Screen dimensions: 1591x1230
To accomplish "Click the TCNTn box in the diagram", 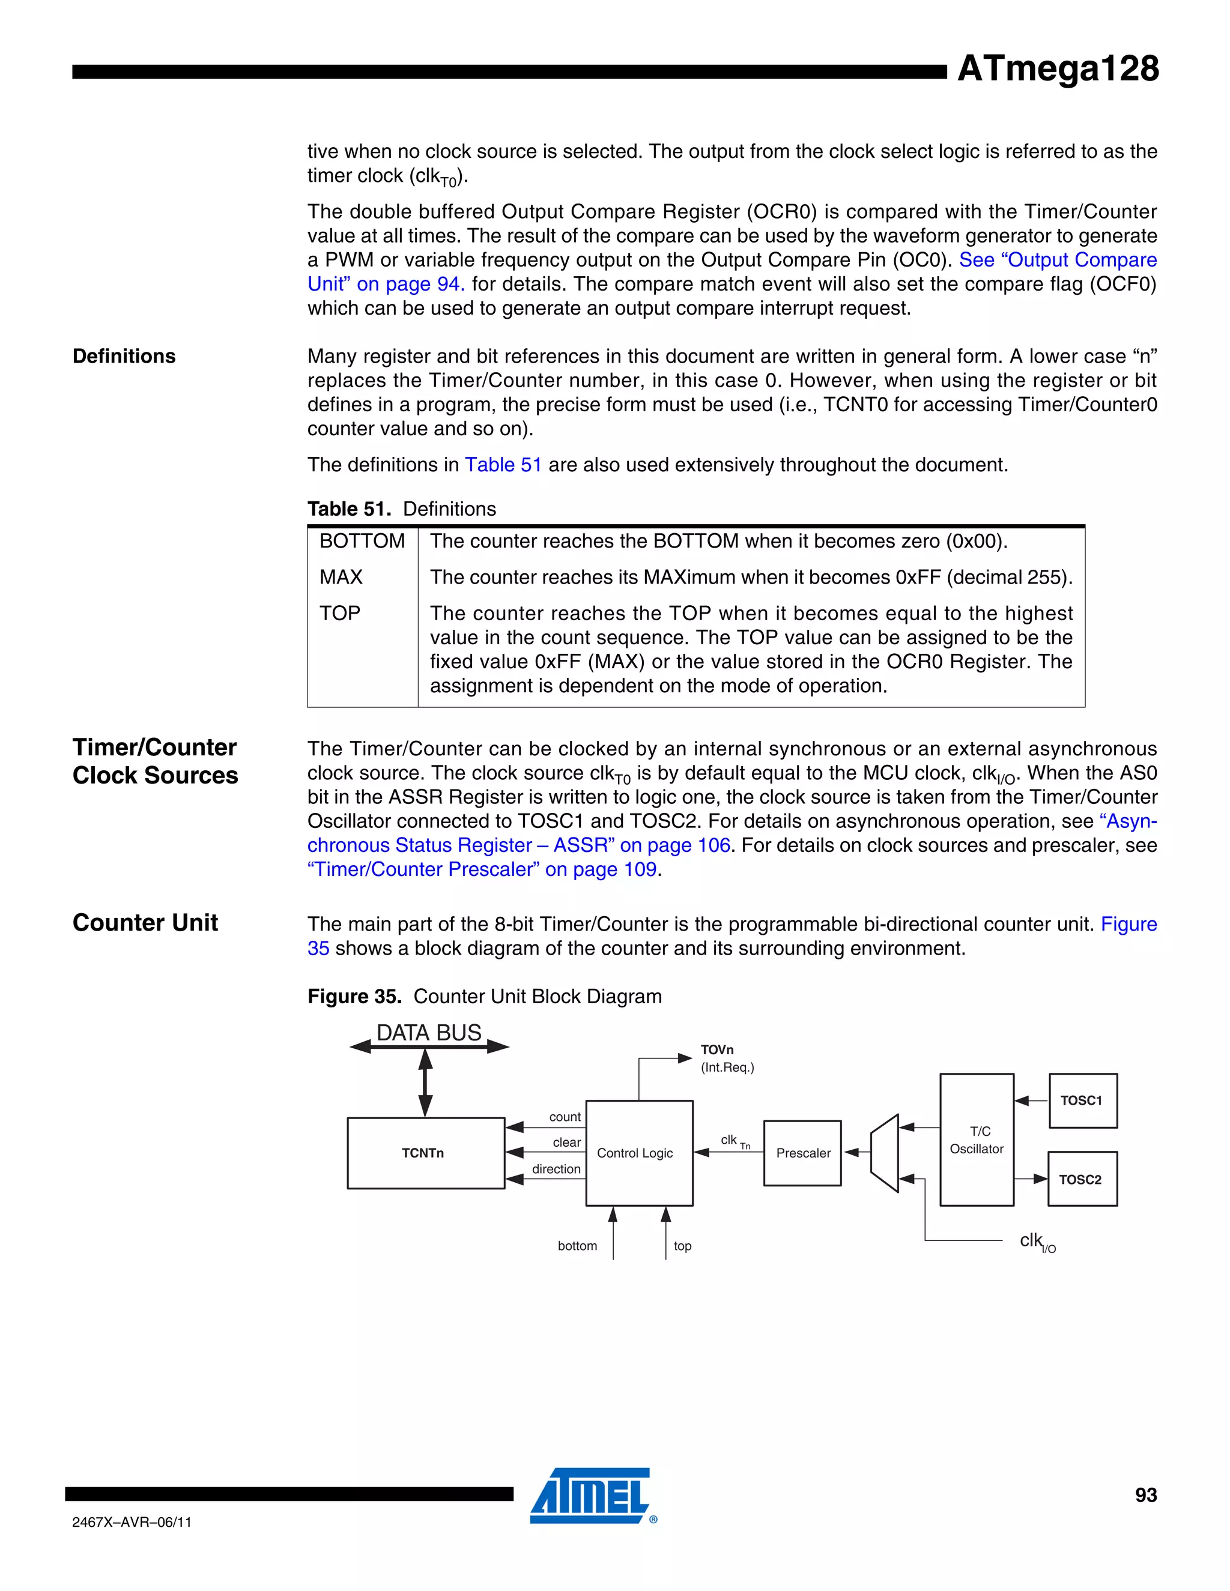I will click(426, 1153).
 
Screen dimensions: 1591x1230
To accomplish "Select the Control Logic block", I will click(638, 1153).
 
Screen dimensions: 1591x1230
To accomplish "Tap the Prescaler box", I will click(802, 1153).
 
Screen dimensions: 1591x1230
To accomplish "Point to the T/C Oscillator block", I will click(977, 1140).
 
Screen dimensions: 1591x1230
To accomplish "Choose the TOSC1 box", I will click(1082, 1100).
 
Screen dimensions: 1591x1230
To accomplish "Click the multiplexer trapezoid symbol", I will click(885, 1153).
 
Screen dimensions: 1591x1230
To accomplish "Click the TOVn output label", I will click(717, 1049).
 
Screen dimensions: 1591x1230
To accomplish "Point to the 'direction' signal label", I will click(556, 1169).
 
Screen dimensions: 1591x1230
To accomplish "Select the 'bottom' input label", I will click(577, 1246).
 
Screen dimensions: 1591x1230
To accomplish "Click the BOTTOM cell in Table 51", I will click(362, 542).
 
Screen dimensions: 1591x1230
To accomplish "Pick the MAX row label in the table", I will click(341, 577).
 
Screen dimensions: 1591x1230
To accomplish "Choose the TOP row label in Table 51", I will click(339, 614).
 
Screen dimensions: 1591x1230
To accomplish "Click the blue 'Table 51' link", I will click(503, 465).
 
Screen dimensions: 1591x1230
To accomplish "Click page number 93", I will click(1145, 1495).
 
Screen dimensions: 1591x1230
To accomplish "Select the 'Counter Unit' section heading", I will click(145, 923).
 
